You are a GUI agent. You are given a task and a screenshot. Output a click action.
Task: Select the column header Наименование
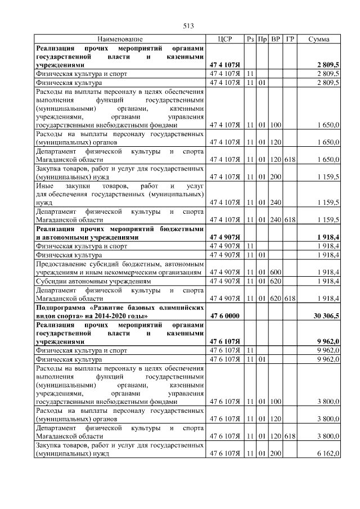pyautogui.click(x=120, y=39)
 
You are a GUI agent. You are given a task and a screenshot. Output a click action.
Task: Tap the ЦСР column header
pyautogui.click(x=225, y=39)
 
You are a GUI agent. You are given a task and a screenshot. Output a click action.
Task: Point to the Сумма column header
pyautogui.click(x=319, y=39)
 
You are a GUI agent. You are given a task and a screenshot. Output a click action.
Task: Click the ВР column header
pyautogui.click(x=276, y=39)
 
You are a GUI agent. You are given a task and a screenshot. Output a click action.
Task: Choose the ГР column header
pyautogui.click(x=289, y=39)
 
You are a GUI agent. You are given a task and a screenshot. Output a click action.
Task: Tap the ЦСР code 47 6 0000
pyautogui.click(x=225, y=317)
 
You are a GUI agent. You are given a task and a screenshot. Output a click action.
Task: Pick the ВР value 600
pyautogui.click(x=276, y=272)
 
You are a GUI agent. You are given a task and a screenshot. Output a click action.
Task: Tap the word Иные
pyautogui.click(x=44, y=185)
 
